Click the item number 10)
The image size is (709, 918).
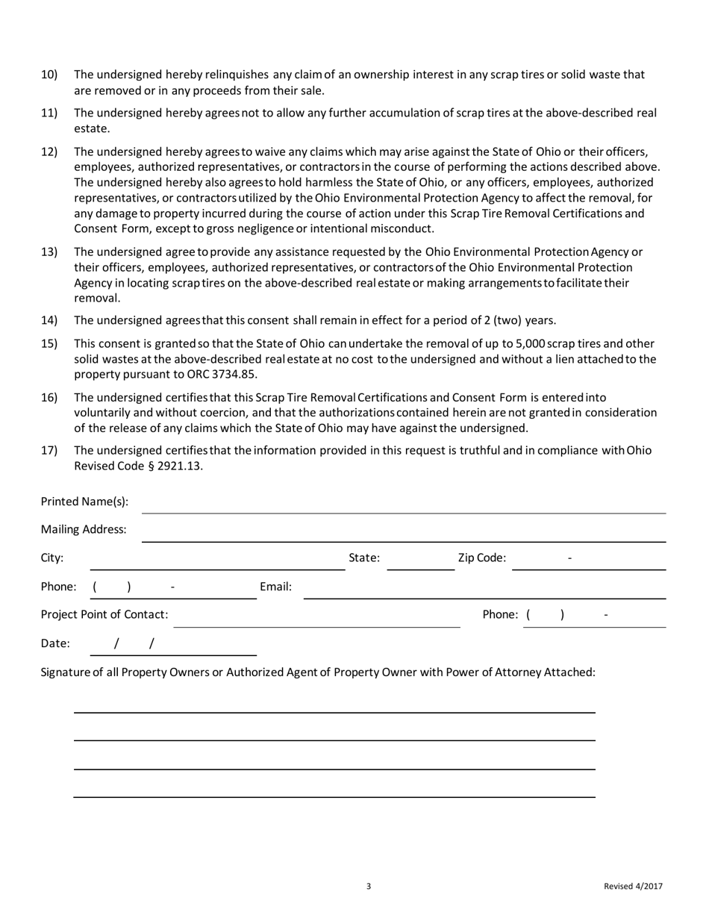49,75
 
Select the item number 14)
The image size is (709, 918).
49,321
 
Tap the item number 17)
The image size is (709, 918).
49,451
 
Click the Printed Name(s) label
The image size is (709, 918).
84,502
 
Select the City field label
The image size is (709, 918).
51,558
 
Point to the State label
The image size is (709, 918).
364,558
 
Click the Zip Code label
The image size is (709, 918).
481,558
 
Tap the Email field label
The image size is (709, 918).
275,587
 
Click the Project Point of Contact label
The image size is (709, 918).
104,615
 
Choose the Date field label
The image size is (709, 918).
55,643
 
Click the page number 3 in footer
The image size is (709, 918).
369,887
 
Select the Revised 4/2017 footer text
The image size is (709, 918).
633,887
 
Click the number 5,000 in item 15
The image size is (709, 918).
530,344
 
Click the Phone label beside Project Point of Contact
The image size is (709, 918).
500,615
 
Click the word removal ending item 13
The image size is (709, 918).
96,299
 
